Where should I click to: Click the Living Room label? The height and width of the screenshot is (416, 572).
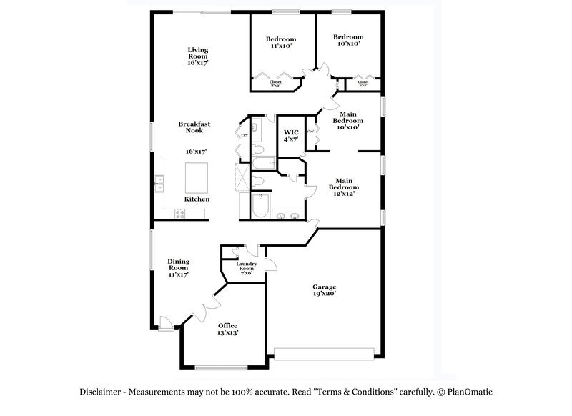click(x=198, y=56)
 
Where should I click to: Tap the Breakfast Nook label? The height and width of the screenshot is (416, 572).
click(x=194, y=127)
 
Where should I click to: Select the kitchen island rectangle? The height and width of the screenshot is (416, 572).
click(x=198, y=175)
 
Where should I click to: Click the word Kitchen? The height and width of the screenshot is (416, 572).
click(x=197, y=199)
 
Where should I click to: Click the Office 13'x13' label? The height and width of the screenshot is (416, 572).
click(x=227, y=329)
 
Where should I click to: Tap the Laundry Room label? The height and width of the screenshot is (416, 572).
click(x=247, y=267)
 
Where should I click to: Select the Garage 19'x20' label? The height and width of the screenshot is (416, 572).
click(x=324, y=289)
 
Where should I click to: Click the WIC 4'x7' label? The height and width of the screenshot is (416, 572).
click(x=291, y=136)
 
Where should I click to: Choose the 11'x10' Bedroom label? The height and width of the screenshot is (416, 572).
click(x=280, y=41)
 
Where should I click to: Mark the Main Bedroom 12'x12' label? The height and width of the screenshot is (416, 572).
click(x=343, y=187)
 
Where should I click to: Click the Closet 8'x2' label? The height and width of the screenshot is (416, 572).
click(x=275, y=83)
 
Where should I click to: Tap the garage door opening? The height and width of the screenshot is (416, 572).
click(x=324, y=352)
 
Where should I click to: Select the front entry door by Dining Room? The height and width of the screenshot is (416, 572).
click(x=164, y=324)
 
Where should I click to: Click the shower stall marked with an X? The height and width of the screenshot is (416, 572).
click(x=245, y=174)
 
